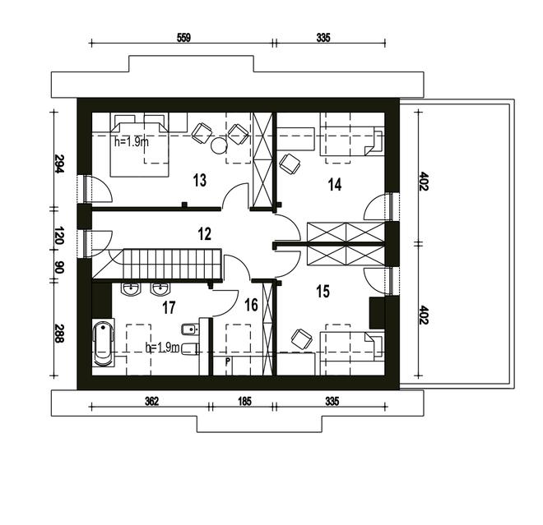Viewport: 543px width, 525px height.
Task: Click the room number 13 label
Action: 198,179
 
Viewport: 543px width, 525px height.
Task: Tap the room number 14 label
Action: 334,184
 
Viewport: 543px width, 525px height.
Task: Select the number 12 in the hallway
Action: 205,233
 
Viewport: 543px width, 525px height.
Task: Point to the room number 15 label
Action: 323,290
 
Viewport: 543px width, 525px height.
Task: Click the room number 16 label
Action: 251,305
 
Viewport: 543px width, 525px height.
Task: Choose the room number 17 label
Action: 169,308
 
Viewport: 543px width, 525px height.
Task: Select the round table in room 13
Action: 219,146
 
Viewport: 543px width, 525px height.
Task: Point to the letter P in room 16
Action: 227,360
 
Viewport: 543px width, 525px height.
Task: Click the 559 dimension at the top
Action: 183,37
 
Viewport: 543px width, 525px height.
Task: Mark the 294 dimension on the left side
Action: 60,163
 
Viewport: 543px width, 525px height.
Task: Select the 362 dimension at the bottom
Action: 151,401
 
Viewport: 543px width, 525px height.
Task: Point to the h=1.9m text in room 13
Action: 132,141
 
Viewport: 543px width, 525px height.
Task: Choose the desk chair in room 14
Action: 289,163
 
